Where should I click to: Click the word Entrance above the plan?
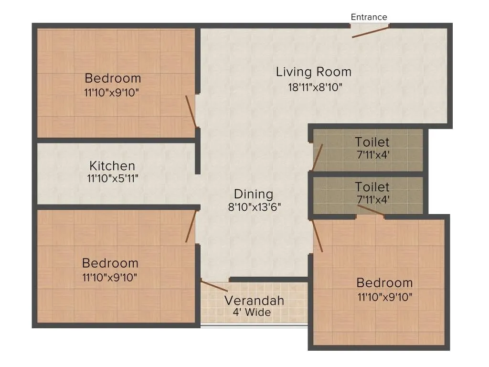(369, 17)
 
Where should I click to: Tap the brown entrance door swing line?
(370, 32)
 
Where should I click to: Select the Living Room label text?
(313, 72)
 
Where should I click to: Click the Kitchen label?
(112, 166)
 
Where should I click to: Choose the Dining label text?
(254, 194)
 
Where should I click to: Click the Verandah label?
(254, 301)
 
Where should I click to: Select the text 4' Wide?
(252, 313)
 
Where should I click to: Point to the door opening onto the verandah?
(214, 285)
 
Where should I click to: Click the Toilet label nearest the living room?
(372, 142)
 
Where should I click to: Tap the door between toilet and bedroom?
(371, 211)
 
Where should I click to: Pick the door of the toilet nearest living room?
(317, 157)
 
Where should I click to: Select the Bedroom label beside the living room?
(113, 78)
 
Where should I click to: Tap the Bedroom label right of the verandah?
(384, 282)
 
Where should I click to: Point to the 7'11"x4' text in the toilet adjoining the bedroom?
(372, 199)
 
